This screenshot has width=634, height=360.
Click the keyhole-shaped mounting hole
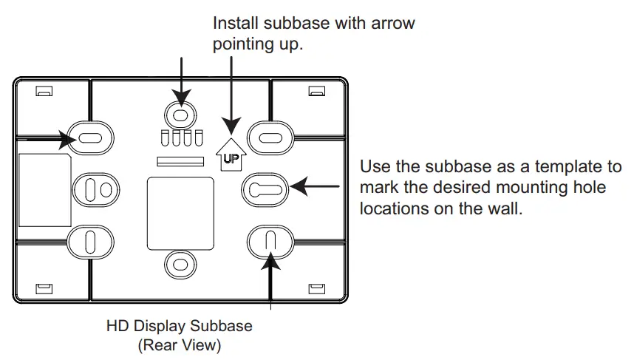click(x=264, y=190)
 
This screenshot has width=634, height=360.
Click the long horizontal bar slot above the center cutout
click(x=180, y=160)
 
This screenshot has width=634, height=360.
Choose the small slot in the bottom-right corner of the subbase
click(x=316, y=287)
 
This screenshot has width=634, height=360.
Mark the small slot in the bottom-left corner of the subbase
click(x=44, y=287)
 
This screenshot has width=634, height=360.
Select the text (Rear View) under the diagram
click(x=179, y=344)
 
